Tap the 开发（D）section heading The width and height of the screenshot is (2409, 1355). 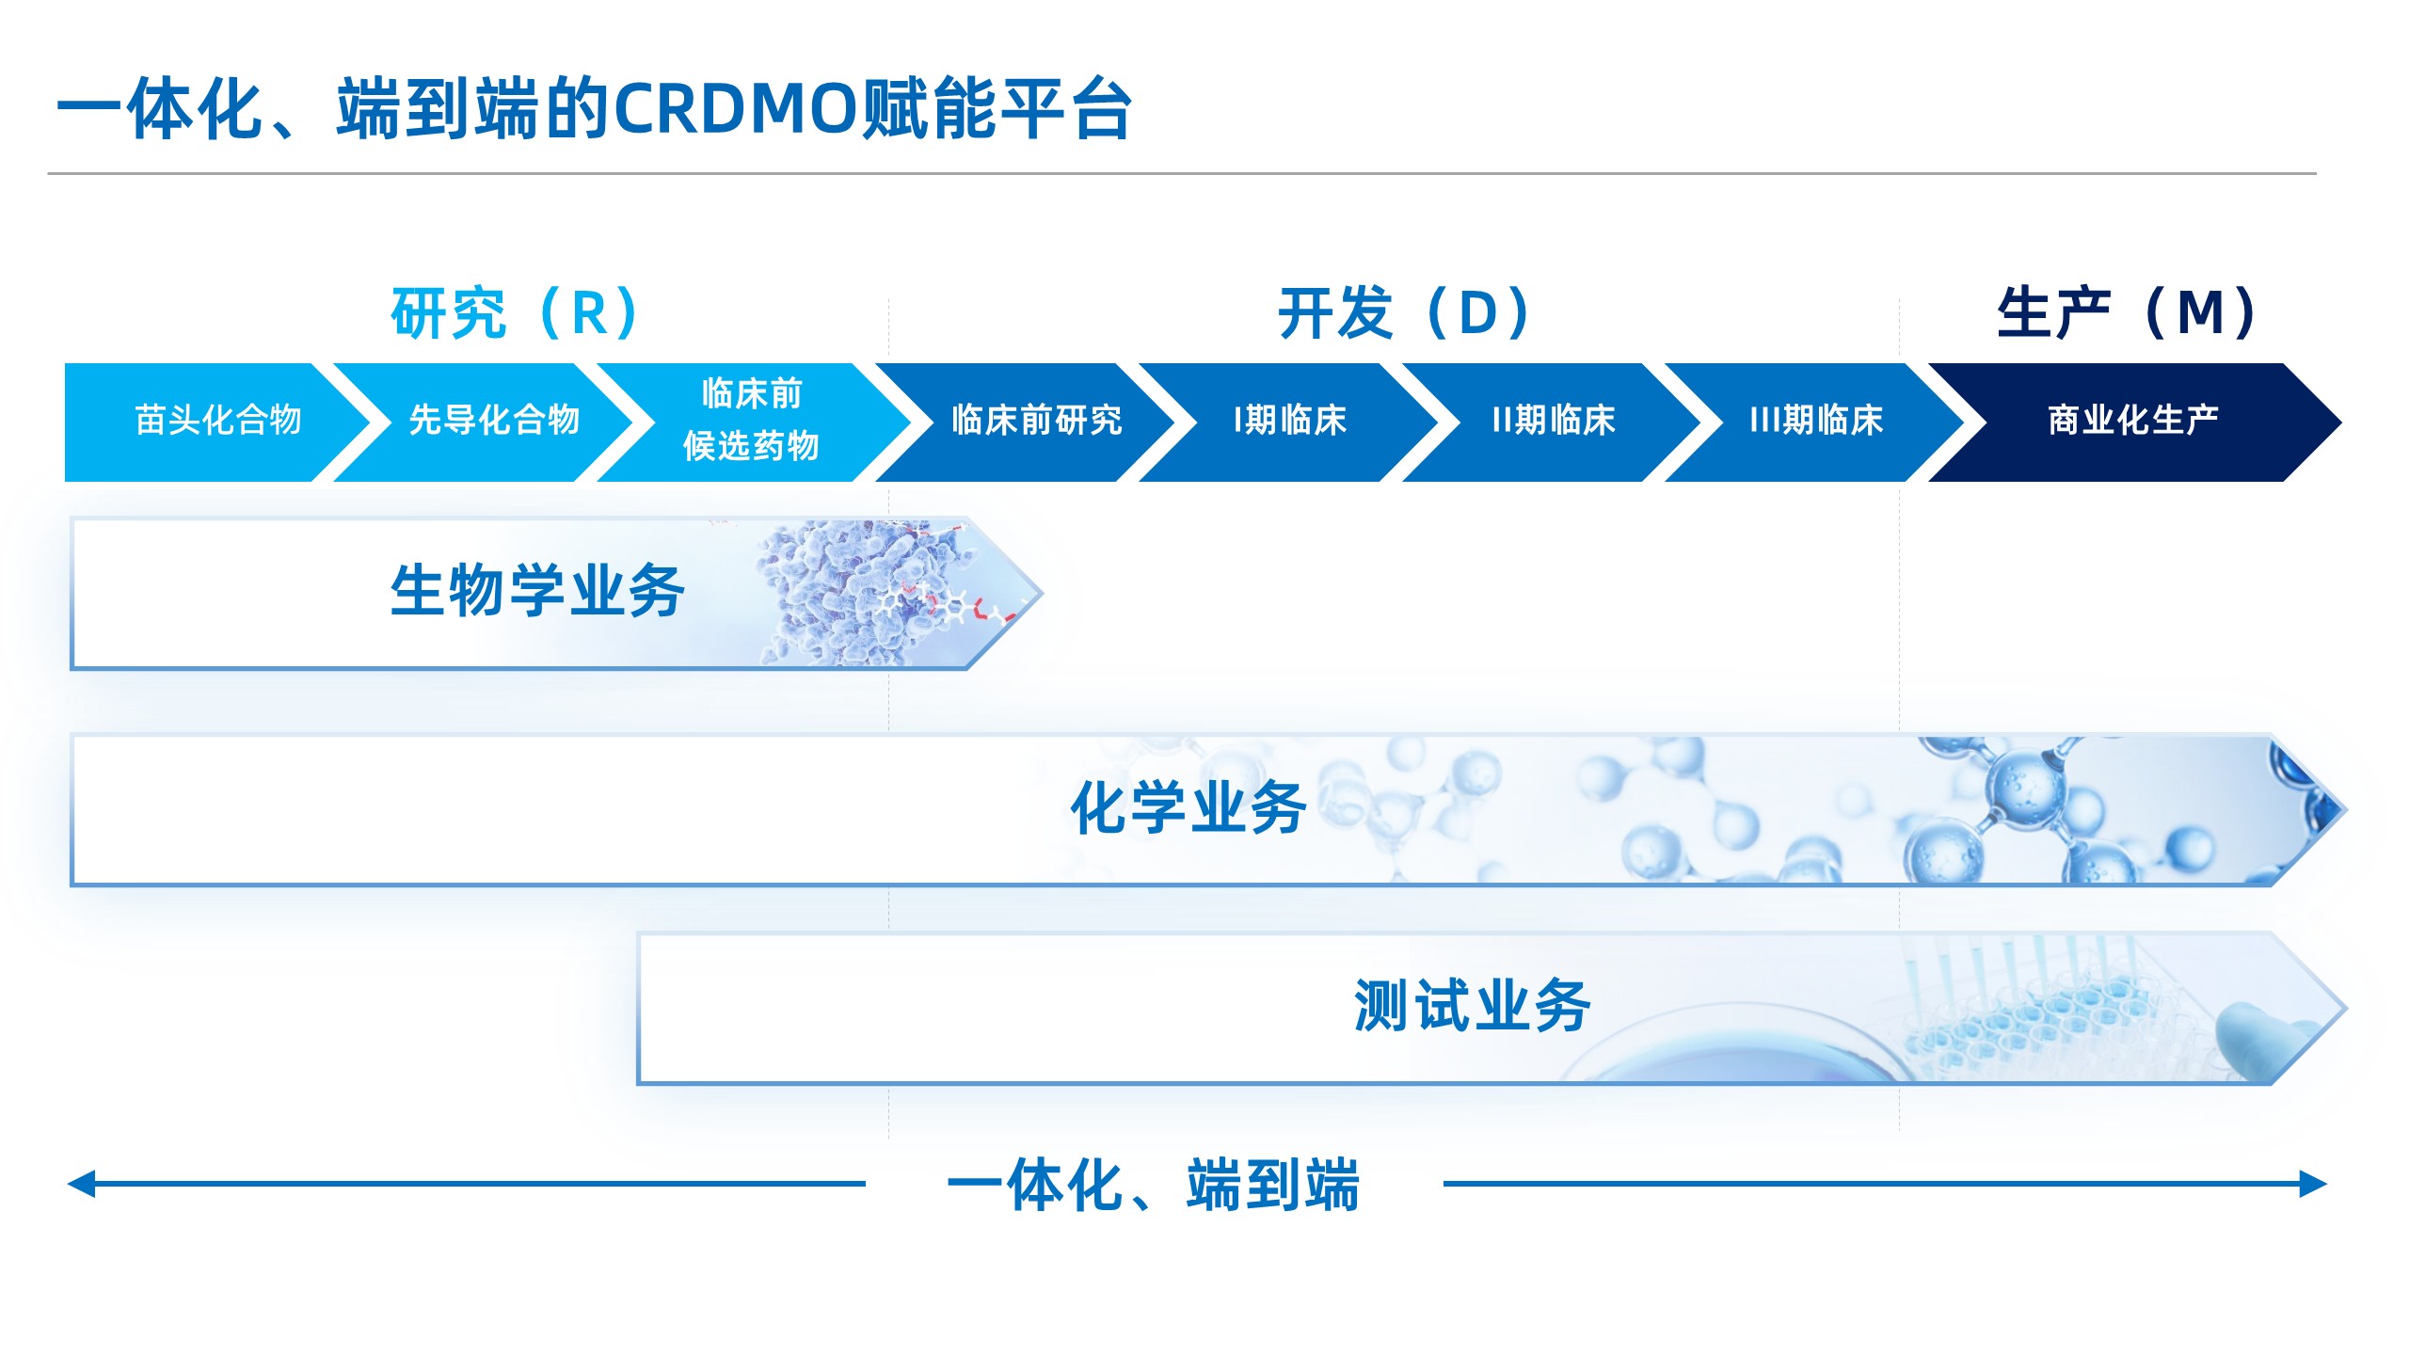click(1404, 313)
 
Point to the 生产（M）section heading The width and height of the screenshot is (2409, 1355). click(2127, 313)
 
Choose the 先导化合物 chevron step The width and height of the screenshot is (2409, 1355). click(495, 421)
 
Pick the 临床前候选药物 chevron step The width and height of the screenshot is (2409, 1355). click(751, 421)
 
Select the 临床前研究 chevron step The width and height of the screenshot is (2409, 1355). click(1036, 421)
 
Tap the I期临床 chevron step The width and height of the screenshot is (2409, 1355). click(1290, 421)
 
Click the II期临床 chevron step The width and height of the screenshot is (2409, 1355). click(1554, 421)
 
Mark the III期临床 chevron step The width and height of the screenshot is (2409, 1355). click(1816, 421)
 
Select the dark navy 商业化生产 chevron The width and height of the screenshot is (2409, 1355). click(2132, 421)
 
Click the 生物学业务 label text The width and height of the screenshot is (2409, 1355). click(537, 592)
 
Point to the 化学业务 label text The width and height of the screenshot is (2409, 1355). click(1189, 808)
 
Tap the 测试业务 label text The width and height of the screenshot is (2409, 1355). click(1472, 1007)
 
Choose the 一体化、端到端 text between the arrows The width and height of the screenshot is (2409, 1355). click(1154, 1186)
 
